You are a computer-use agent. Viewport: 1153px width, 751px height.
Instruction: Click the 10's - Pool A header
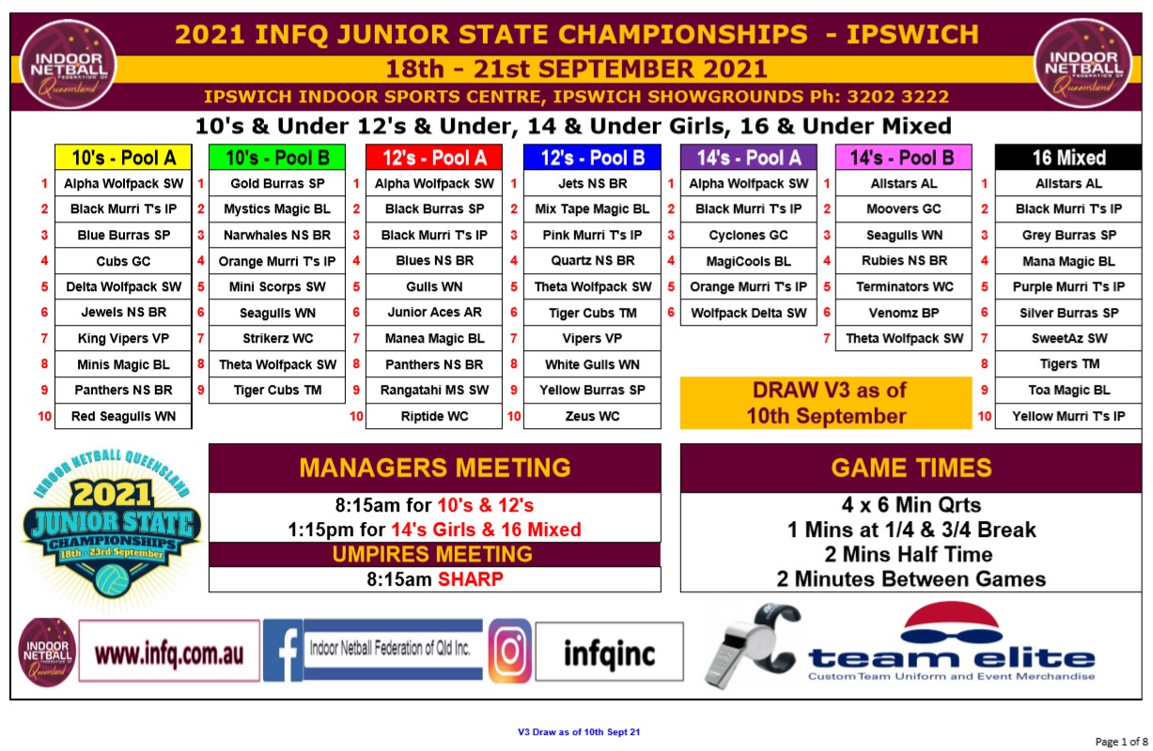tap(123, 158)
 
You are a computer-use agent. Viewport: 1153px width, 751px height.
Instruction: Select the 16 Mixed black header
tap(1068, 158)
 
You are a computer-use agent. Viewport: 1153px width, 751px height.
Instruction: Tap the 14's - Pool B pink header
tap(903, 158)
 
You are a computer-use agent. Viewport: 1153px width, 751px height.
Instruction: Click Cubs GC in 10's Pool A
tap(123, 261)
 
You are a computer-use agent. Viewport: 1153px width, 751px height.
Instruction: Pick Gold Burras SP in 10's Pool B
tap(277, 184)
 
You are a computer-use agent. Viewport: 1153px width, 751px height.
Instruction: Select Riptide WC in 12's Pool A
tap(434, 416)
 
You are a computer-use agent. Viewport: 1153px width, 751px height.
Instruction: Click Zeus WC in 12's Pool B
tap(592, 416)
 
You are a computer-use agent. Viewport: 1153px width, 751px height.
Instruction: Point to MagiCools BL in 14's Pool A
tap(748, 261)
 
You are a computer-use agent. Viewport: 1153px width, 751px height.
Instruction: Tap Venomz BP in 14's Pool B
tap(904, 313)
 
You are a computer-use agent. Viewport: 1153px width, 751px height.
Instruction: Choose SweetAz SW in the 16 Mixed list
tap(1069, 339)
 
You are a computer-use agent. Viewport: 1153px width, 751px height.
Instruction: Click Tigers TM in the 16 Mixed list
tap(1069, 364)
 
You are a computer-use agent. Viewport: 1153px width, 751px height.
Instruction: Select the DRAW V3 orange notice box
tap(826, 403)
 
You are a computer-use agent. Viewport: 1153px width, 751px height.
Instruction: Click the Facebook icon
tap(283, 651)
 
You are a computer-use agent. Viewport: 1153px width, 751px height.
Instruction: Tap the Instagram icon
tap(509, 651)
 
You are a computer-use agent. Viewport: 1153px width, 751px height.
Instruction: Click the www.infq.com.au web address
tap(169, 654)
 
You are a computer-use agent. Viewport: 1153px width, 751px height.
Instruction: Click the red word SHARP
tap(471, 579)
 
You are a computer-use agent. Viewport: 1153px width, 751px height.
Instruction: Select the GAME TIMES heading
tap(911, 468)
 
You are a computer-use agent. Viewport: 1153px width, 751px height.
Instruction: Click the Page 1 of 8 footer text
tap(1121, 742)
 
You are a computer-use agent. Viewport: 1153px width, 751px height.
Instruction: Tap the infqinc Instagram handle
tap(610, 653)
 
